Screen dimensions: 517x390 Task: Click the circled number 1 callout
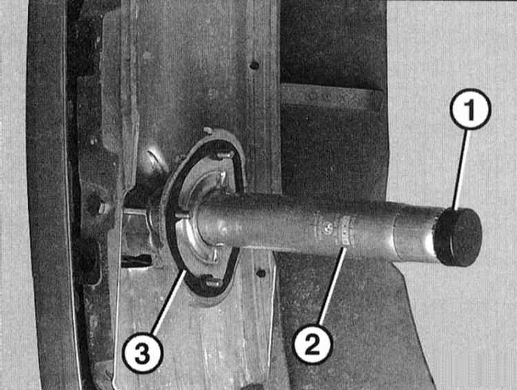coord(470,109)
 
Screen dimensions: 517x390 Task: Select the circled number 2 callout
coord(312,343)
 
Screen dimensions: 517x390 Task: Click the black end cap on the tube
coord(458,237)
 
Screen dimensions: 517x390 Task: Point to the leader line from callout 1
coord(460,169)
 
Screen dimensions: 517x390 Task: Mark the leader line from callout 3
coord(168,302)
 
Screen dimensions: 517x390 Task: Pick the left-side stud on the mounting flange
coord(181,215)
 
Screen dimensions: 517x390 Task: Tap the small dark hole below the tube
coord(261,274)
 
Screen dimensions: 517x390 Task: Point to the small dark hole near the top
coord(254,65)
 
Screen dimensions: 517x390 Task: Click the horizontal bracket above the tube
coord(331,96)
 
